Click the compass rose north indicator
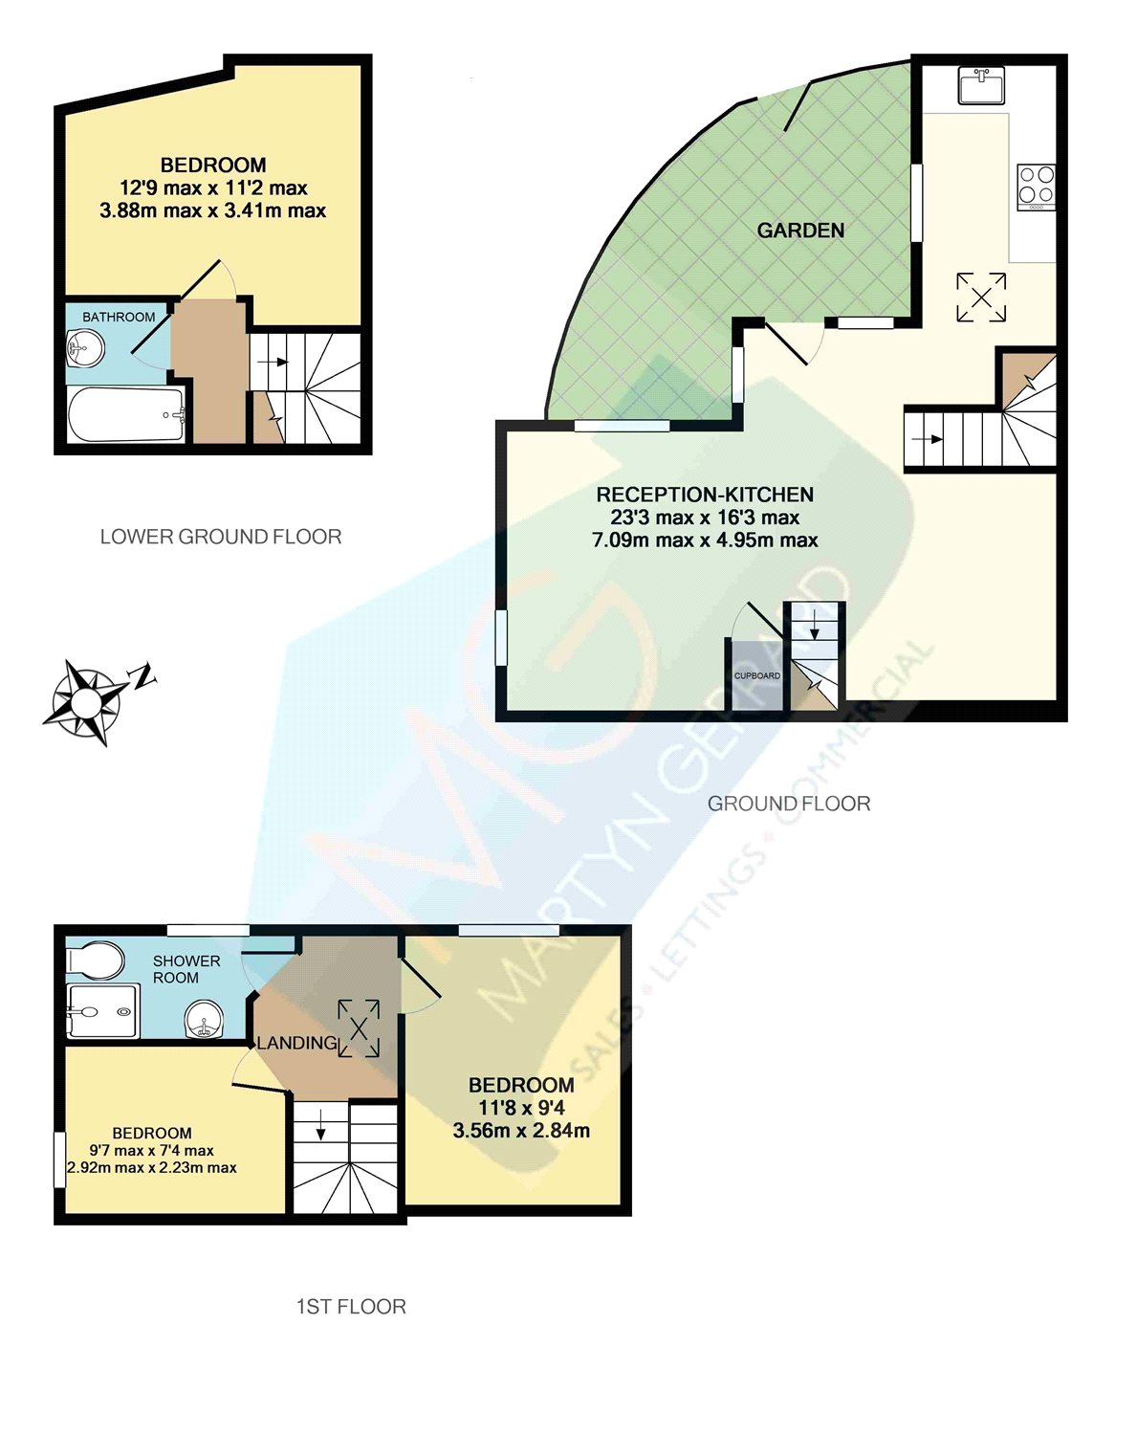[143, 676]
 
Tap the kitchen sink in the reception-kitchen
[981, 85]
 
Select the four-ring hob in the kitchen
[1036, 186]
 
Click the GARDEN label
[800, 231]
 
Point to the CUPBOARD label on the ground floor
[756, 676]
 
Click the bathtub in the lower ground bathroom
[126, 415]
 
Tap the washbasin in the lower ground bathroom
[84, 349]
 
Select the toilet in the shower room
[97, 960]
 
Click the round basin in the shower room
[203, 1020]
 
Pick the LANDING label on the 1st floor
[296, 1043]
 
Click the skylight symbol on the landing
[359, 1028]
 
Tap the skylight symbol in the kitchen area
[981, 297]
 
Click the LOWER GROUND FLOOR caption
[221, 537]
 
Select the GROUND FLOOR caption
[789, 804]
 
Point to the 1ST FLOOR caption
[351, 1307]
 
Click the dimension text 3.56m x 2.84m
[521, 1131]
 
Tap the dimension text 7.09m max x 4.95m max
[705, 541]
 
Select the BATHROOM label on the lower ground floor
[119, 317]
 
